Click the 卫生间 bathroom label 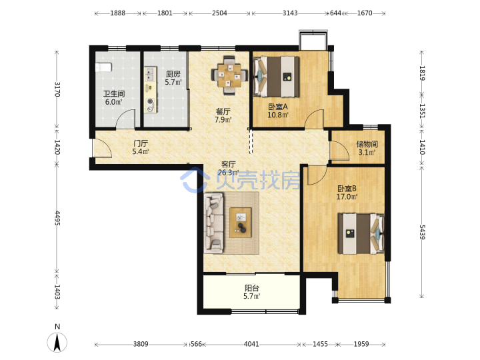[114, 94]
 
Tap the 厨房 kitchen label [173, 74]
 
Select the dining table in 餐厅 [229, 75]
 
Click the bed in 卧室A [277, 77]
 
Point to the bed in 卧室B [361, 233]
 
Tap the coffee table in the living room [240, 223]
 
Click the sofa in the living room [214, 223]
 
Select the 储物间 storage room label [367, 144]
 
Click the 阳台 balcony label [252, 288]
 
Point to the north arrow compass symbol [57, 342]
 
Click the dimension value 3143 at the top [289, 13]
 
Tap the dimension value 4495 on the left [57, 218]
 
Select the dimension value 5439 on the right [422, 232]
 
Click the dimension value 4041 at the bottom [251, 344]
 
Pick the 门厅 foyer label [141, 143]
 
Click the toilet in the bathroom [103, 67]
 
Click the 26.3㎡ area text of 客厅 [229, 173]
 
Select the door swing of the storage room [339, 150]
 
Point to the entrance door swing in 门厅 [102, 149]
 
